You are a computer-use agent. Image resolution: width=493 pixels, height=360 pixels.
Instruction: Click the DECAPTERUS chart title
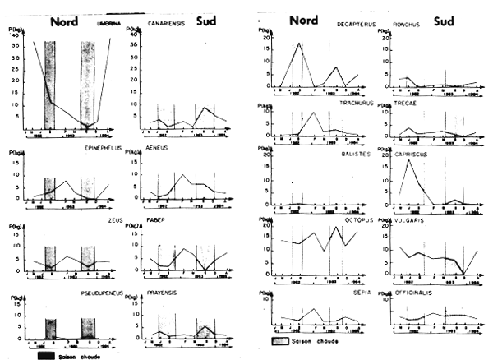click(x=356, y=25)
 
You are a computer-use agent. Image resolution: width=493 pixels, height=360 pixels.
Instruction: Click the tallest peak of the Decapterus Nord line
click(x=300, y=43)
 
